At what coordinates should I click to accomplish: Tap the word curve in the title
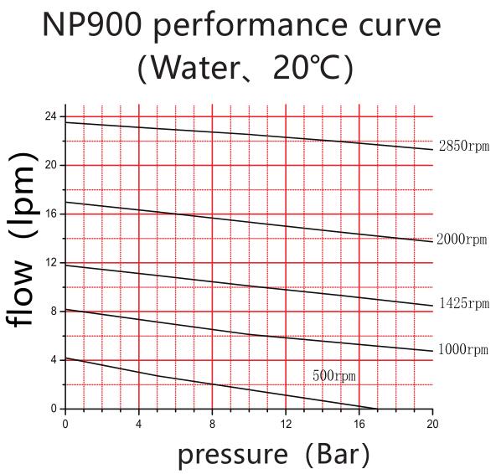click(x=395, y=25)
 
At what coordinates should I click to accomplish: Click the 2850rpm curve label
click(x=463, y=147)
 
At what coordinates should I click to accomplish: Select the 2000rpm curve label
click(x=462, y=240)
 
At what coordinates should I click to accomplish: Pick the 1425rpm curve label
click(x=463, y=304)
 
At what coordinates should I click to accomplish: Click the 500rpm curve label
click(x=333, y=376)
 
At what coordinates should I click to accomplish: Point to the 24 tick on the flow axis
click(x=51, y=116)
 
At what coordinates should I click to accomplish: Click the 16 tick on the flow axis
click(x=51, y=214)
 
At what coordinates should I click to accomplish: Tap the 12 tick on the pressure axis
click(x=286, y=423)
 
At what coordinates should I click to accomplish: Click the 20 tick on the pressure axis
click(x=432, y=423)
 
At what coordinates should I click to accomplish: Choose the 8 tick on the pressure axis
click(x=212, y=423)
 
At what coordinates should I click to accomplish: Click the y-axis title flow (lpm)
click(x=23, y=241)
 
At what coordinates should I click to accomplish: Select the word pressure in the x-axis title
click(x=231, y=454)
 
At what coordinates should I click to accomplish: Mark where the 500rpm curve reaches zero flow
click(x=377, y=409)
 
